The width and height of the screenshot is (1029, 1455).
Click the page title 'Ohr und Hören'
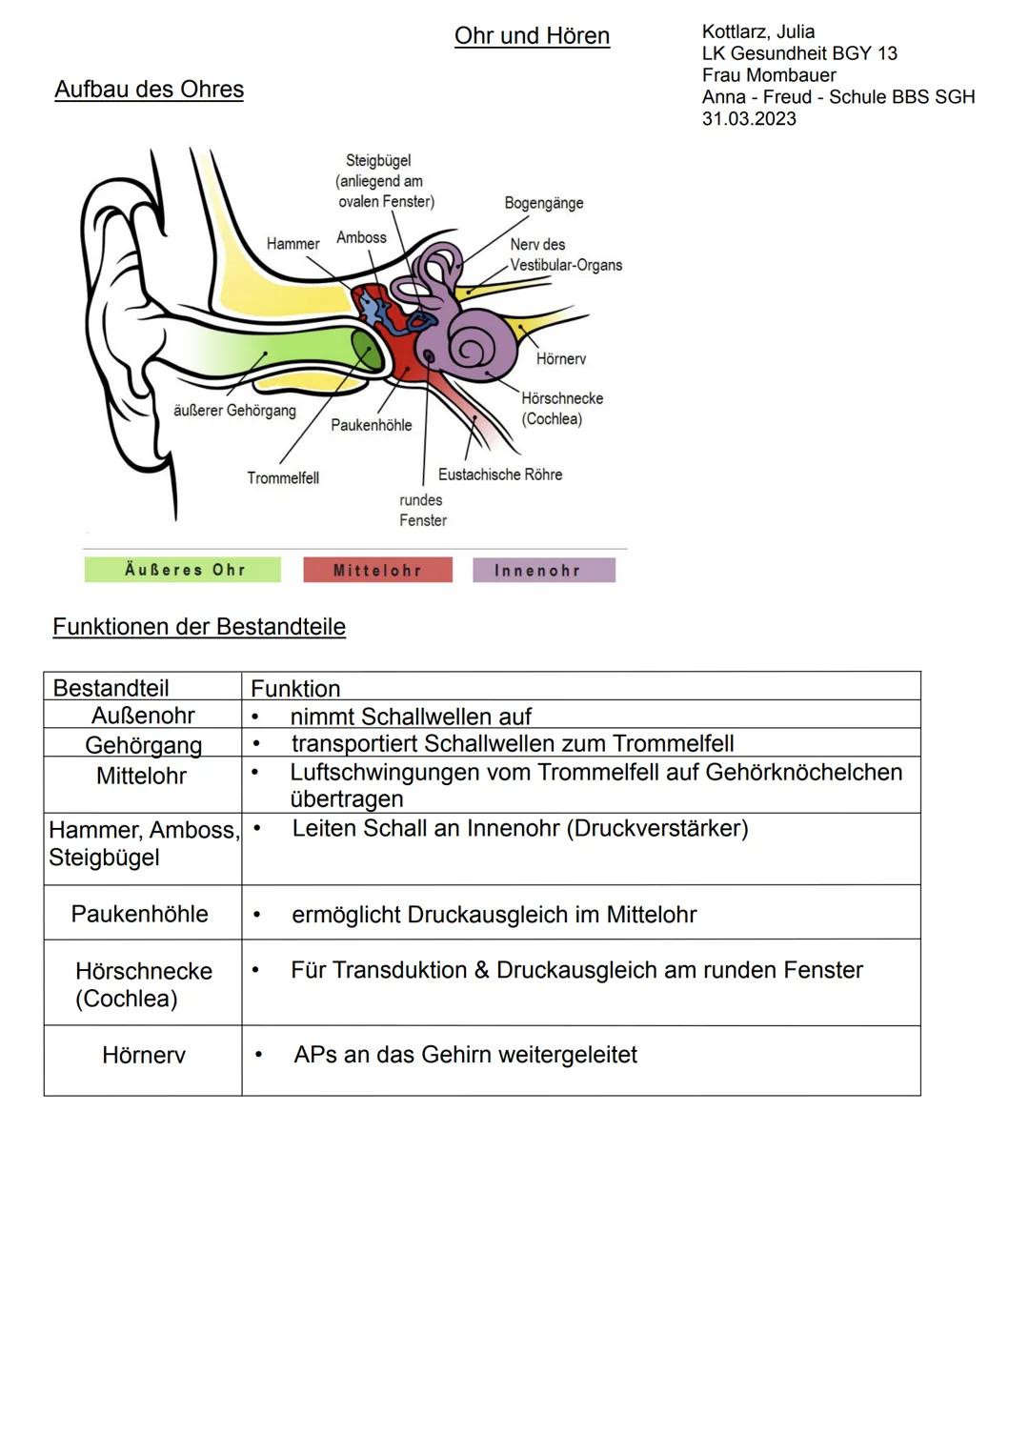(x=532, y=36)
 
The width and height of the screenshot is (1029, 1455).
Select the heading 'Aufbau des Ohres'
(x=149, y=90)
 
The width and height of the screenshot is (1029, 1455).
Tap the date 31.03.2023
(x=749, y=119)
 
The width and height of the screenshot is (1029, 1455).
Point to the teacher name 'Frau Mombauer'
(x=769, y=75)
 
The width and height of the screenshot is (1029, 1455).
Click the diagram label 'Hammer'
(x=293, y=244)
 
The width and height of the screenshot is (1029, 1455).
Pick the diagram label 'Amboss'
(x=361, y=237)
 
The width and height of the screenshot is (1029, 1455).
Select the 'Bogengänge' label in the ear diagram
(x=543, y=203)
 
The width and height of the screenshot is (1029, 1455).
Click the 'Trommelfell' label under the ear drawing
(x=283, y=477)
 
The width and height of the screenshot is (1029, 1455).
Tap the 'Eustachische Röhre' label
(x=499, y=475)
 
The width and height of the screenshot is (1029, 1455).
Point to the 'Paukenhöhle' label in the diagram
(x=371, y=425)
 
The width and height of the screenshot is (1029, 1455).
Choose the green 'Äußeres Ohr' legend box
(x=183, y=570)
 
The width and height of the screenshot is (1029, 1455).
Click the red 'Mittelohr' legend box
(x=377, y=570)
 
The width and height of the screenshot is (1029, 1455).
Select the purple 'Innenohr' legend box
(x=543, y=570)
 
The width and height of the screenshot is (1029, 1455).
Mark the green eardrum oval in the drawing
(x=366, y=352)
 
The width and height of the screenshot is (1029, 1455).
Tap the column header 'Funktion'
(x=295, y=688)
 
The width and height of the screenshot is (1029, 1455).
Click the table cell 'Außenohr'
(x=143, y=716)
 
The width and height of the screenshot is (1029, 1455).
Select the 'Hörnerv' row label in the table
(x=143, y=1055)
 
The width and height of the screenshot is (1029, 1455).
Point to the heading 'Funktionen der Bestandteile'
(x=199, y=627)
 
